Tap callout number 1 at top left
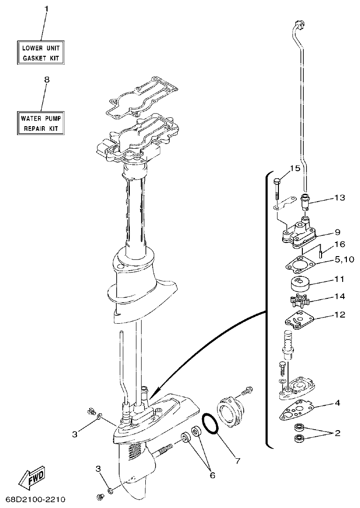(x=46, y=9)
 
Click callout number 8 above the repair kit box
(x=46, y=80)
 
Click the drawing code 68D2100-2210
(x=36, y=499)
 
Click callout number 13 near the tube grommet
(x=339, y=198)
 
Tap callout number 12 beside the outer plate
(x=339, y=315)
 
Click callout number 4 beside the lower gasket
(x=337, y=402)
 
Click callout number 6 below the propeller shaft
(x=212, y=475)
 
